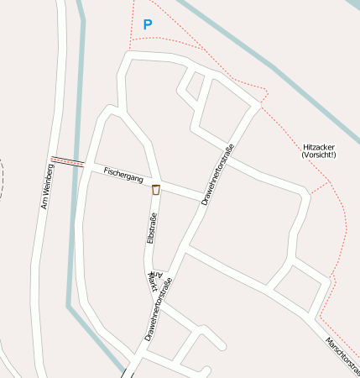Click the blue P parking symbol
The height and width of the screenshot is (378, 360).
148,25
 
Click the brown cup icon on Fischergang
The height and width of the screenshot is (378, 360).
156,191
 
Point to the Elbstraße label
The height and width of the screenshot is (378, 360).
152,229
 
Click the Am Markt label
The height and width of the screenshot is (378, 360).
154,282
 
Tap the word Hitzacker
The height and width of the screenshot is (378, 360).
319,147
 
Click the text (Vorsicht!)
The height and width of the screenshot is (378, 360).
319,155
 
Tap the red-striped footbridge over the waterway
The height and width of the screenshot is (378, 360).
67,160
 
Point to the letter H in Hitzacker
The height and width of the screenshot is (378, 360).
305,147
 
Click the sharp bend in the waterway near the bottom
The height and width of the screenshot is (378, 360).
70,306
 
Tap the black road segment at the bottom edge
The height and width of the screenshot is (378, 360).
127,372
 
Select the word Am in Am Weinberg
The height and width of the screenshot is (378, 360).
44,202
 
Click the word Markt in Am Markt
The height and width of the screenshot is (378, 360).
153,286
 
